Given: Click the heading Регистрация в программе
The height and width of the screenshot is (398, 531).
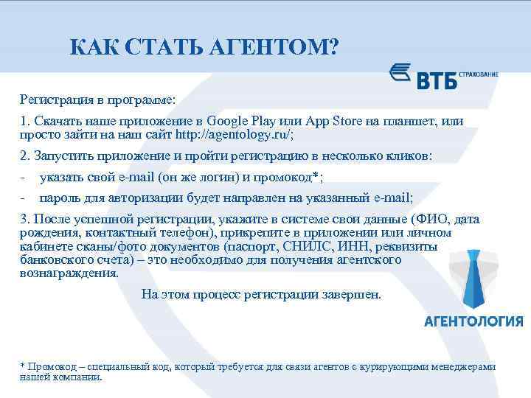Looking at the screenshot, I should click(x=98, y=98).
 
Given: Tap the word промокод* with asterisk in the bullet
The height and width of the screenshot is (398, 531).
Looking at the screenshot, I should click(x=294, y=177).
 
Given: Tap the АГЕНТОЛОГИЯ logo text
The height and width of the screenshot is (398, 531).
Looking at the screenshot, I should click(x=474, y=321).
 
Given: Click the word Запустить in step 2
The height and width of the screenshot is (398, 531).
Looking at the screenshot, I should click(x=63, y=156).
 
